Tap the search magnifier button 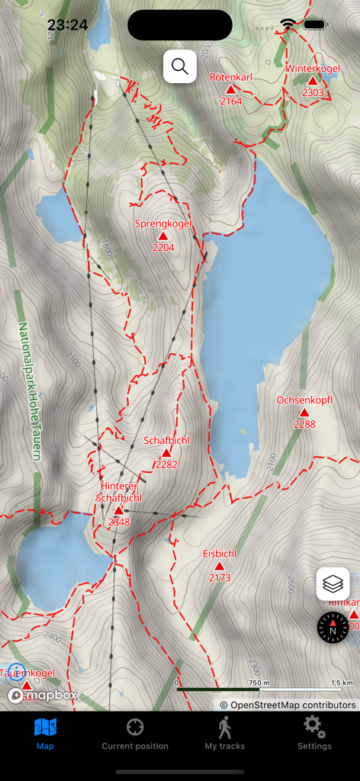coord(180,66)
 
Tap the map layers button coord(333,584)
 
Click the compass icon coord(333,628)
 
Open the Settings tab coord(314,733)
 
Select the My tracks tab coord(224,733)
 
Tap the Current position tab coord(135,733)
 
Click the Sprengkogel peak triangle coord(162,236)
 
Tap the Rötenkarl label coord(230,77)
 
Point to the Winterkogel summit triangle coord(313,81)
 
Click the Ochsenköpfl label coord(304,400)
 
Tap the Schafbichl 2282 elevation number coord(166,464)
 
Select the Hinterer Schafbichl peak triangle coord(118,510)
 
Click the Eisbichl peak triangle coord(220,566)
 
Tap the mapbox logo coord(43,695)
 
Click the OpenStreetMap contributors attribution coord(288,705)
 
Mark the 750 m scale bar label coord(260,683)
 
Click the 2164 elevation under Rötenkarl coord(230,101)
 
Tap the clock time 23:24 coord(67,25)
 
